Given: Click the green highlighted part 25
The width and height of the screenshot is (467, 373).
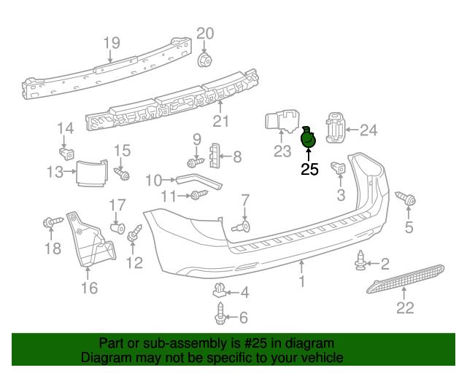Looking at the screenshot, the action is click(308, 138).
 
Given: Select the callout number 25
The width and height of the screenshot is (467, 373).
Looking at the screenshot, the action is click(309, 169).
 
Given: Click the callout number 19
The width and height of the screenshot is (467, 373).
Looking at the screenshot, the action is click(112, 43).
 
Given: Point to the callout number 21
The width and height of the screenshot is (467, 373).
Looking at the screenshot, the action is click(220, 121).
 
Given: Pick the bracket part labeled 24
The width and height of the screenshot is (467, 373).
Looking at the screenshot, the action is click(336, 127).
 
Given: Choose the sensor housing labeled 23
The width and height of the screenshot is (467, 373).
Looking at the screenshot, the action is click(282, 122).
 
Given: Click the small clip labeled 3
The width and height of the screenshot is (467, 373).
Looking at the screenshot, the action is click(338, 168).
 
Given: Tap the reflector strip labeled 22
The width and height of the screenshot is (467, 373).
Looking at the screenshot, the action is click(406, 279).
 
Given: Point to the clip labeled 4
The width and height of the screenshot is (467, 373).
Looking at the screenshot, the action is click(219, 290).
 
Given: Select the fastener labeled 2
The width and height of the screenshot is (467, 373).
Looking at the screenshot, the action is click(361, 261).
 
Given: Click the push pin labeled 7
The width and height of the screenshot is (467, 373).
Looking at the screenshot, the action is click(242, 227).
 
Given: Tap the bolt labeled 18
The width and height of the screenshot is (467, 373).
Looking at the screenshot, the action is click(53, 222).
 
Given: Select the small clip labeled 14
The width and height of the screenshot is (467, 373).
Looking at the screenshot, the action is click(66, 154).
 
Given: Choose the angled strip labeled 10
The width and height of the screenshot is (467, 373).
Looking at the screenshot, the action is click(199, 181).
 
